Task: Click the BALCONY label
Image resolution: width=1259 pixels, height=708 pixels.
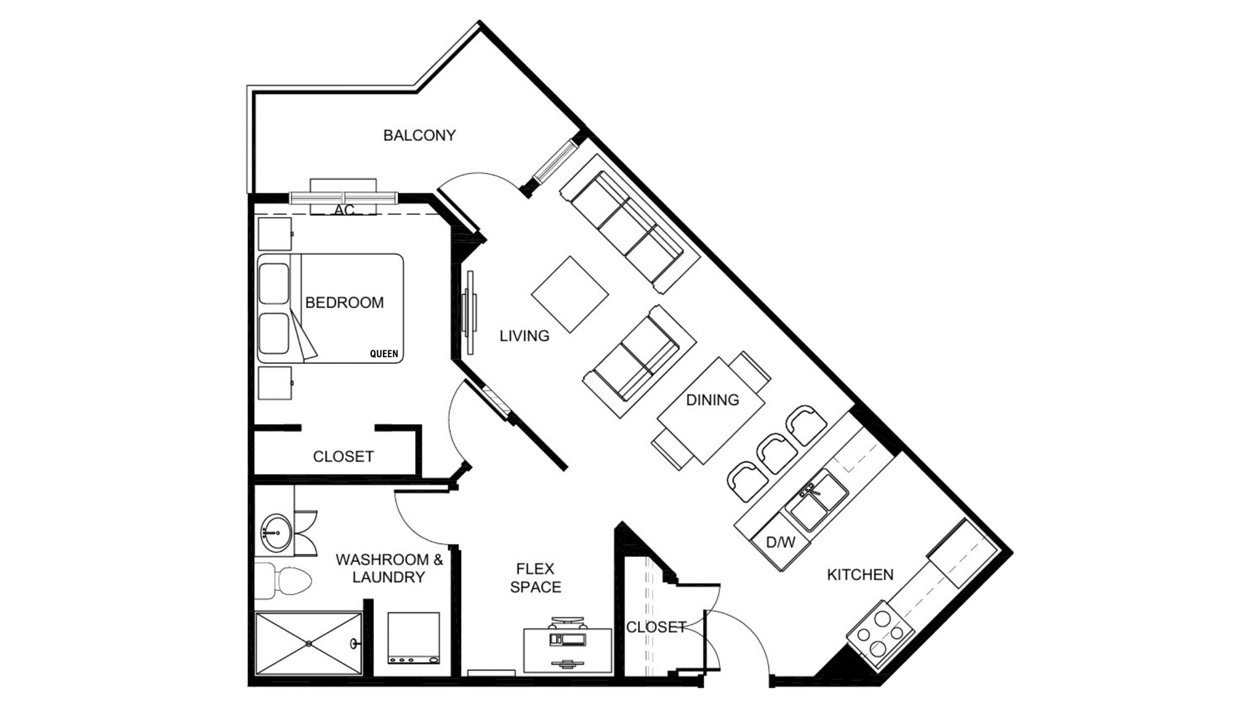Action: pos(419,135)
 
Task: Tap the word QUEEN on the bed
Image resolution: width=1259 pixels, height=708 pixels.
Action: pos(384,354)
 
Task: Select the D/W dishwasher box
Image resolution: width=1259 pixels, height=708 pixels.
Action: pos(780,543)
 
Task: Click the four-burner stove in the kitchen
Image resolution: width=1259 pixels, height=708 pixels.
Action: pos(880,630)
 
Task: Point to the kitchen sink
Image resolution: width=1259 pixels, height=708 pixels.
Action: pos(817,501)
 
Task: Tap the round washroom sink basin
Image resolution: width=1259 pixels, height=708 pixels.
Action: pos(275,532)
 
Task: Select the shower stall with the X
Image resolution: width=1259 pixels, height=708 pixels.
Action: pos(308,643)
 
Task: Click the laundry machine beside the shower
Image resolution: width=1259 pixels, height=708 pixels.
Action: pos(413,638)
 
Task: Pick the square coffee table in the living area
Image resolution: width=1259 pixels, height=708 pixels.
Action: pos(570,294)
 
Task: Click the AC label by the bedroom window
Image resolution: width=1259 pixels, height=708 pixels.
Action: pos(344,210)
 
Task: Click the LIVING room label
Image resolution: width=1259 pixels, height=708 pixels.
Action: pos(525,336)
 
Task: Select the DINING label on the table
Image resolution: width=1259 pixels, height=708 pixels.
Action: pos(712,399)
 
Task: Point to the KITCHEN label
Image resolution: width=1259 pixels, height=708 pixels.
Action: pos(860,575)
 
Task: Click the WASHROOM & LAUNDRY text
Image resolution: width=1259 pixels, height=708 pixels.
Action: pos(389,568)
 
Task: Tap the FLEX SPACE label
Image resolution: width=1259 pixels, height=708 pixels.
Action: pos(536,578)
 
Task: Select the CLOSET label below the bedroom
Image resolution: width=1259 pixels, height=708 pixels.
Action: pos(343,456)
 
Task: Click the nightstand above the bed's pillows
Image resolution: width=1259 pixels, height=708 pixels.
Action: pos(275,234)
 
